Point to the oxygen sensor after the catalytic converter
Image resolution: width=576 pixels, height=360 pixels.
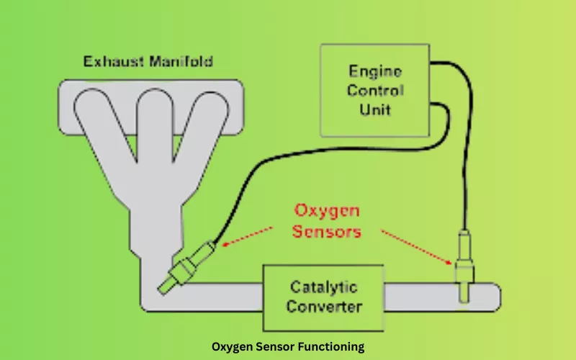tap(464, 266)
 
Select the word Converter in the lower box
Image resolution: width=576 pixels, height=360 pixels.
tap(323, 307)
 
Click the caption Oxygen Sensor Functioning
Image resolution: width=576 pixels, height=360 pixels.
tap(288, 346)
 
